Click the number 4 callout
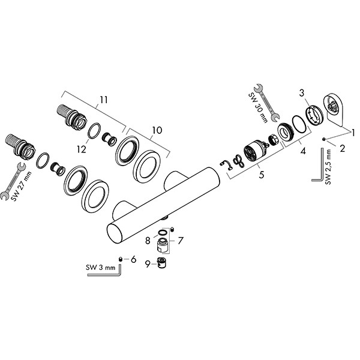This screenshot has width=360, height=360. click(303, 152)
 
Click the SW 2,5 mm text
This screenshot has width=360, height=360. click(328, 170)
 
